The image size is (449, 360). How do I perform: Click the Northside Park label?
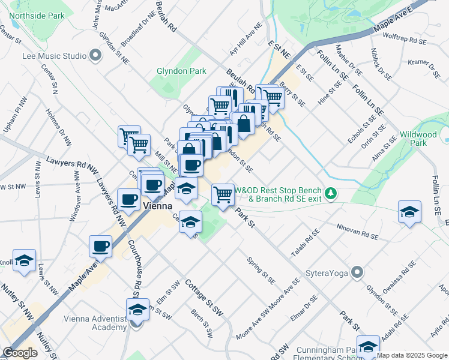pyautogui.click(x=36, y=15)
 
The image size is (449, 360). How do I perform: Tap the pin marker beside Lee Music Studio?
pyautogui.click(x=95, y=56)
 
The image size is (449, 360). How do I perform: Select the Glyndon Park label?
pyautogui.click(x=181, y=71)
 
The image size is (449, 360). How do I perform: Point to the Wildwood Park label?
pyautogui.click(x=421, y=139)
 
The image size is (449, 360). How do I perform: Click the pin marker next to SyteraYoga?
pyautogui.click(x=357, y=273)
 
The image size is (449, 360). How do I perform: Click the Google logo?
pyautogui.click(x=20, y=353)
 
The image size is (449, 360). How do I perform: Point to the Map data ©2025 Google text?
pyautogui.click(x=412, y=355)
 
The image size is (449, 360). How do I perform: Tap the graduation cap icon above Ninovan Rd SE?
pyautogui.click(x=409, y=212)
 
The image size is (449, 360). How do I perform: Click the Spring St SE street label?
pyautogui.click(x=261, y=271)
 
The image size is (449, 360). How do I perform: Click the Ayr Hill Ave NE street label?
pyautogui.click(x=246, y=40)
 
